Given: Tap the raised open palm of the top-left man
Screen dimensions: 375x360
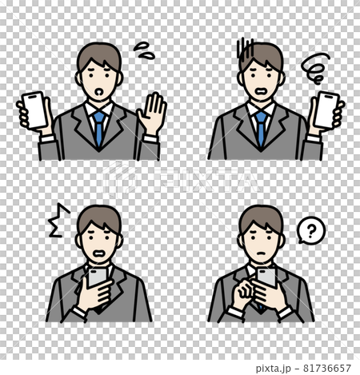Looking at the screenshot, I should (x=151, y=115).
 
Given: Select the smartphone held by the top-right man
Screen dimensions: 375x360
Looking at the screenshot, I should (x=326, y=108).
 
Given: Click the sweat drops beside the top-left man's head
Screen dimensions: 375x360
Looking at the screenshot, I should (x=143, y=52).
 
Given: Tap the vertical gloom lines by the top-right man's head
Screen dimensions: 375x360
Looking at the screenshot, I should (x=246, y=50).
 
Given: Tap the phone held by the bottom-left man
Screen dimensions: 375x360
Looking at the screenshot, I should (x=98, y=278).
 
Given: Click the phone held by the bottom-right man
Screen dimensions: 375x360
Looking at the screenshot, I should (x=265, y=277).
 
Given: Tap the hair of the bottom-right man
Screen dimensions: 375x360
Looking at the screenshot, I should (x=262, y=217).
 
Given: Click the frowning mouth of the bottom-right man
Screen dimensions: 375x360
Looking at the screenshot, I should (x=261, y=257).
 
